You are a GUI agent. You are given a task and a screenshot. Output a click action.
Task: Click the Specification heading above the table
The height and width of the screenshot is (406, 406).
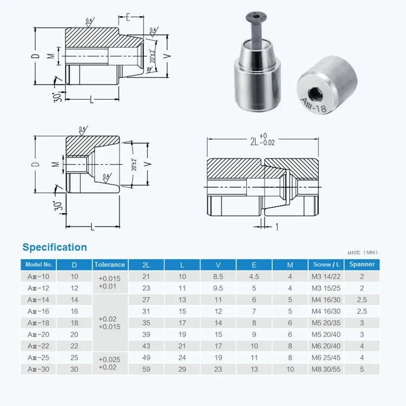pyautogui.click(x=54, y=247)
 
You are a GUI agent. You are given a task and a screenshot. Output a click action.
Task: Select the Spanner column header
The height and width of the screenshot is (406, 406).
pyautogui.click(x=362, y=265)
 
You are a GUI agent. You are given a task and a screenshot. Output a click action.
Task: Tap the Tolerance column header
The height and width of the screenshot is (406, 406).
pyautogui.click(x=110, y=265)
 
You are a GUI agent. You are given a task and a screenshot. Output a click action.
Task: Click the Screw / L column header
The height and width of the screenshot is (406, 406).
pyautogui.click(x=326, y=265)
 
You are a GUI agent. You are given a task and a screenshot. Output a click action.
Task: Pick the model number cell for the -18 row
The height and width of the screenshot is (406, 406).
pyautogui.click(x=38, y=322)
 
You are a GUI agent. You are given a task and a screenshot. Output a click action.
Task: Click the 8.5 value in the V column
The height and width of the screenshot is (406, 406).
pyautogui.click(x=218, y=277)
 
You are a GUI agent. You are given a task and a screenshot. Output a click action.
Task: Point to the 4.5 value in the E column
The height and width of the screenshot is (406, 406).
pyautogui.click(x=254, y=277)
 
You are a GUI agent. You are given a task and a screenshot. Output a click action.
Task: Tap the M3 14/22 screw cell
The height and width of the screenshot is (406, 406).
pyautogui.click(x=326, y=277)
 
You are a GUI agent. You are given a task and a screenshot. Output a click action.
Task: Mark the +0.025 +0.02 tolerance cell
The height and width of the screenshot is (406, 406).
pyautogui.click(x=110, y=363)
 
